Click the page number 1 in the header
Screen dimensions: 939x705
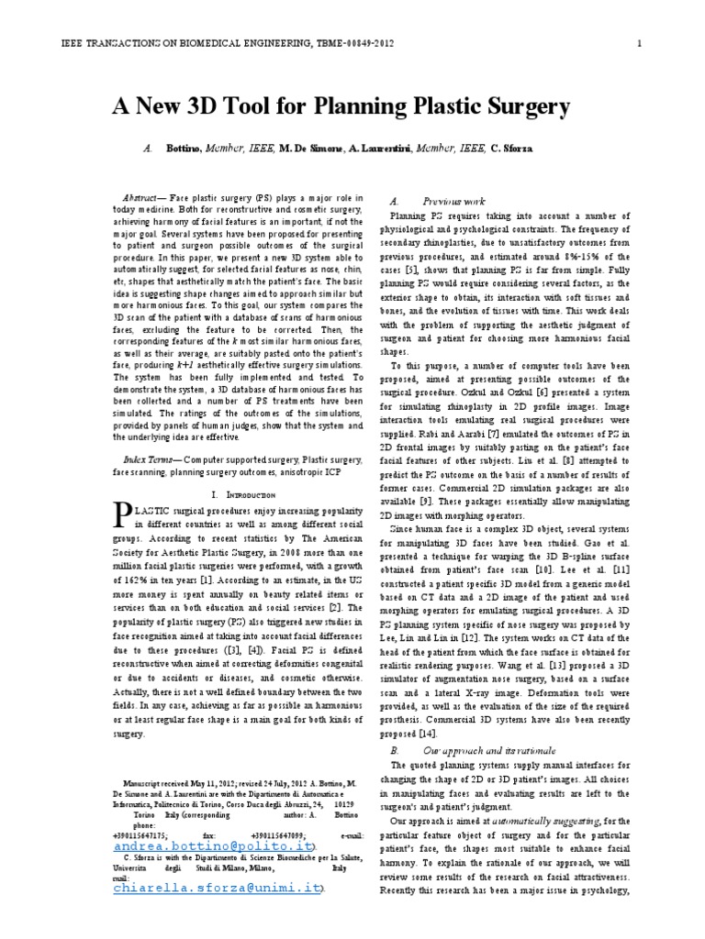coord(639,43)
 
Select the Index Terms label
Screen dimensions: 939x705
coord(151,457)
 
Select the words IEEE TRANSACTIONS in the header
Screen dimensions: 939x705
coord(110,43)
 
